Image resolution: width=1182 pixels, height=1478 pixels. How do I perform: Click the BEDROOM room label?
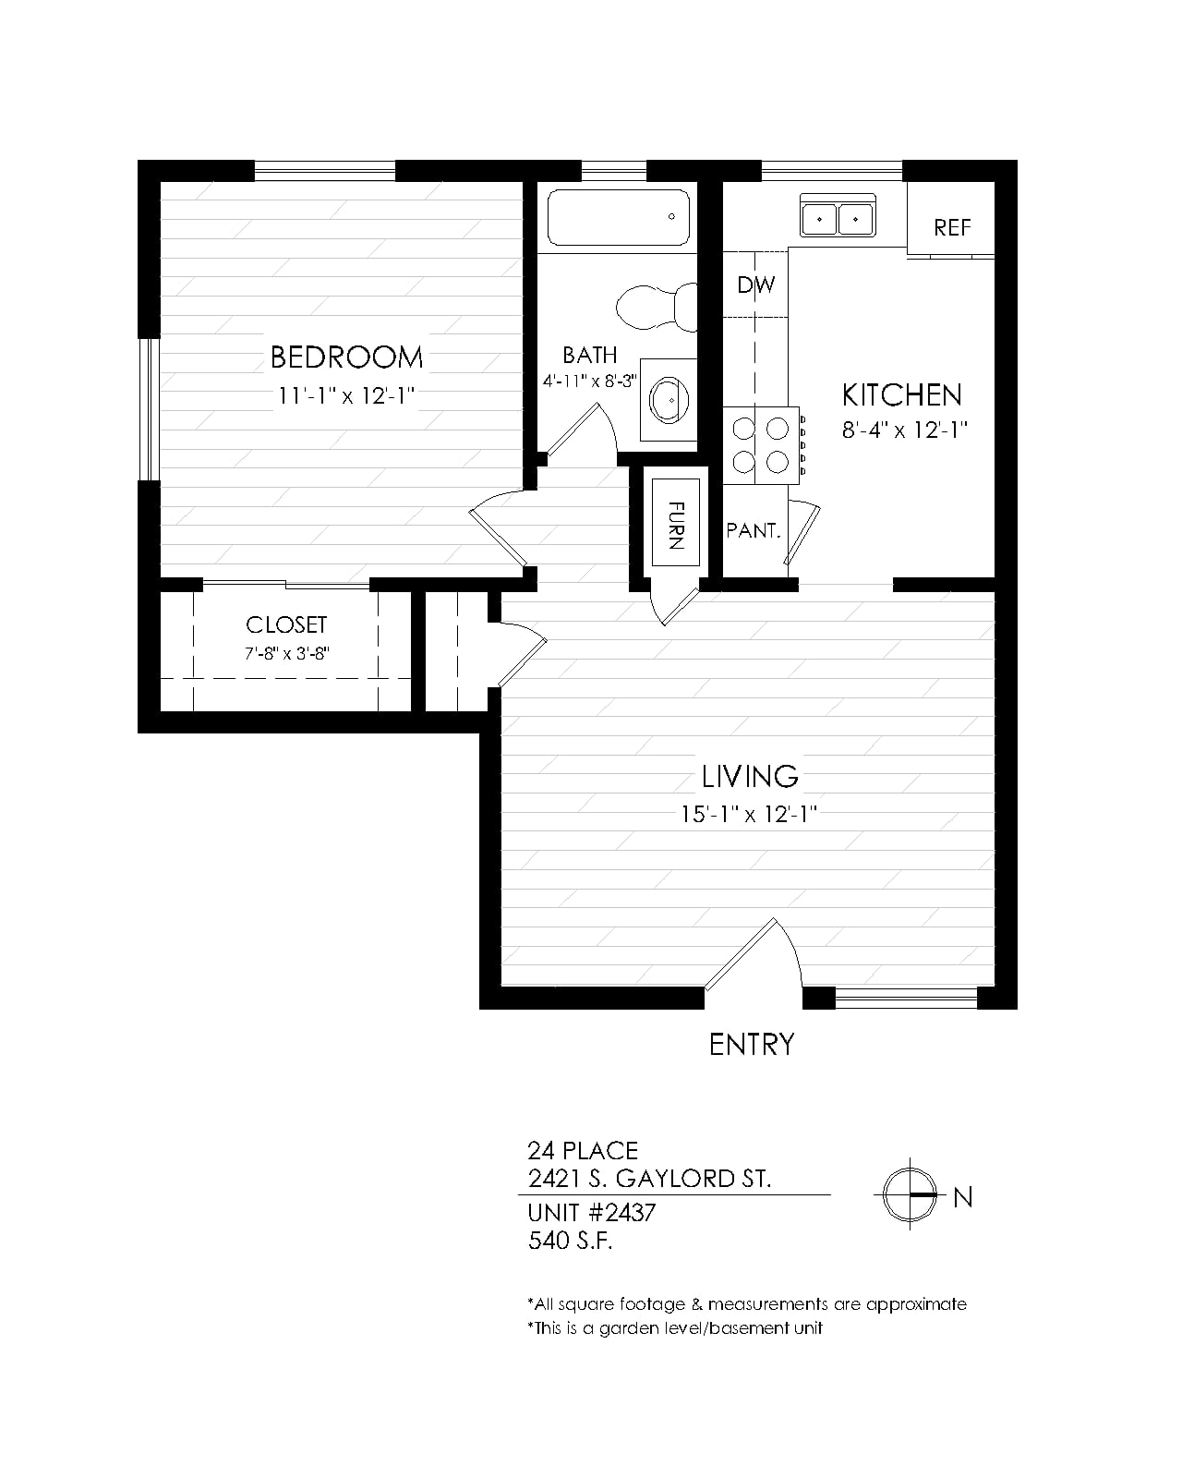point(346,357)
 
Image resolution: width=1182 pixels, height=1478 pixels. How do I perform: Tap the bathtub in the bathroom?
point(618,217)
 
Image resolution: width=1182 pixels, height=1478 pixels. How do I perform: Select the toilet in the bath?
point(657,307)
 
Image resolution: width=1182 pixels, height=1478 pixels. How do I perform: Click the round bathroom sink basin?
point(669,399)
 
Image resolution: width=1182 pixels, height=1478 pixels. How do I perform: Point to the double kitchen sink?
point(838,215)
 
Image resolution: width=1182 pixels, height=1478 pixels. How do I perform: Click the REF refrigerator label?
point(952,227)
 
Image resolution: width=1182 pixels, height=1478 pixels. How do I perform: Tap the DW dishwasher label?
point(755,285)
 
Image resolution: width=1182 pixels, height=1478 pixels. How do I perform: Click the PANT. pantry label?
point(754,530)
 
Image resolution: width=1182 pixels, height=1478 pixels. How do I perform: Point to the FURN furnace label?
point(676,526)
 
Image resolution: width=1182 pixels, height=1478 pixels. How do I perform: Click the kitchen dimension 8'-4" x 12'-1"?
point(905,430)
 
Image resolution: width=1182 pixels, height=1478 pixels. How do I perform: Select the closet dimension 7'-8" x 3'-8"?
point(287,653)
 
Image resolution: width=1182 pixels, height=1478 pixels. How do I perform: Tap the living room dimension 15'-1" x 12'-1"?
point(749,815)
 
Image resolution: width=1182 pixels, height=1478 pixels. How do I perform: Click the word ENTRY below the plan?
point(752,1045)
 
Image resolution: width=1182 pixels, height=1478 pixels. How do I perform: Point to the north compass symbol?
point(910,1194)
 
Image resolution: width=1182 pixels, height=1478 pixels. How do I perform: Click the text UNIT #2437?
point(591,1213)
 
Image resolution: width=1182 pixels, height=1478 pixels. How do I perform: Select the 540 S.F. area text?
point(570,1241)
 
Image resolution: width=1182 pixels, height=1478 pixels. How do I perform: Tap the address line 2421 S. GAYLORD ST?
point(649,1179)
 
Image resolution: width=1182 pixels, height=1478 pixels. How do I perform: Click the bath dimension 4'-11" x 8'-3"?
point(590,382)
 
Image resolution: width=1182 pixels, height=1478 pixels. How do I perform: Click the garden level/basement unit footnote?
point(674,1327)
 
